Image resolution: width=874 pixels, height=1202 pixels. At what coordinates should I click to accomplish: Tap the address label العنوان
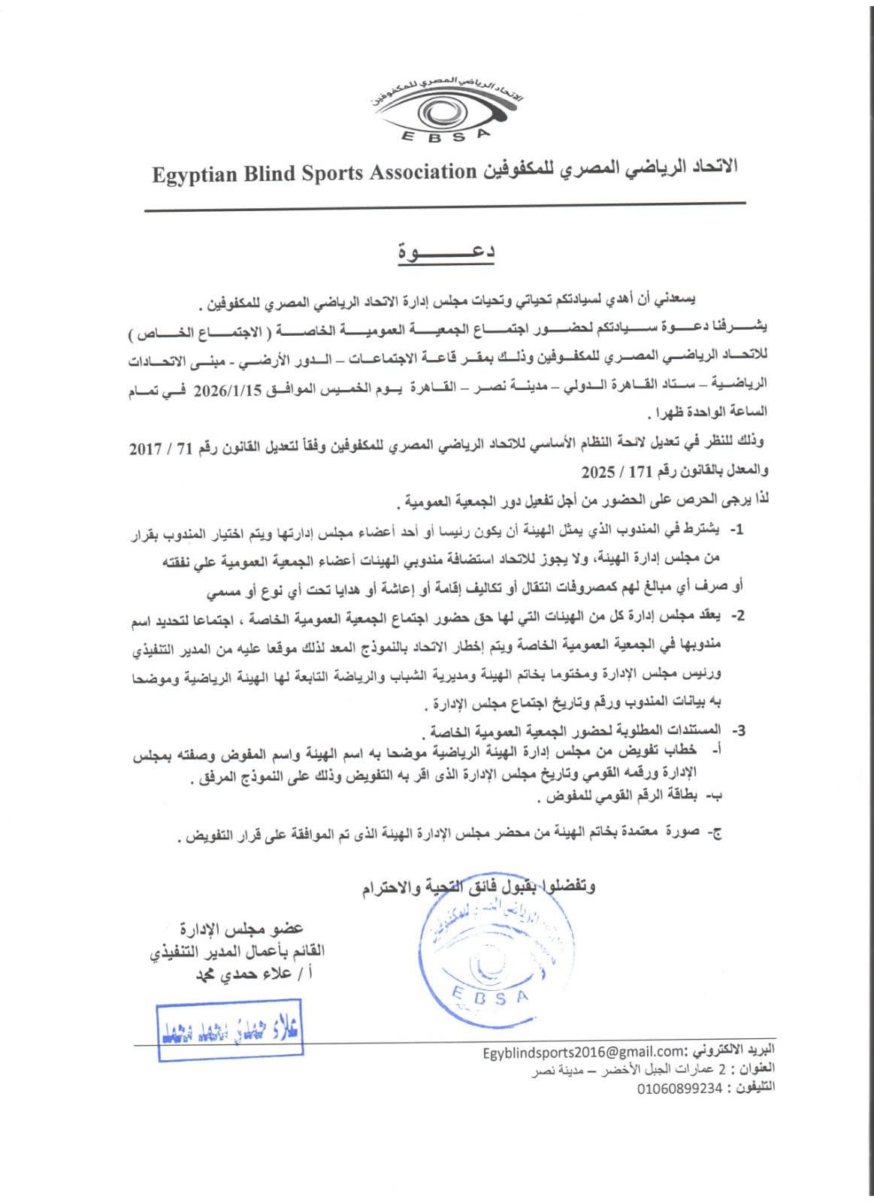(x=758, y=1069)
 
